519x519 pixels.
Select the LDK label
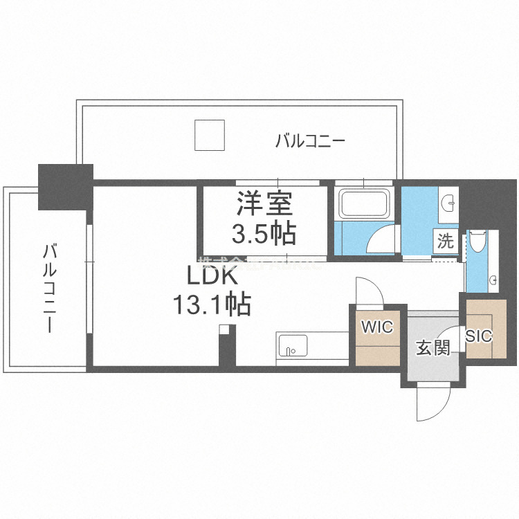tap(211, 276)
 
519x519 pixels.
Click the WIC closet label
tap(378, 327)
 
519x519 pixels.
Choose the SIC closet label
tap(478, 336)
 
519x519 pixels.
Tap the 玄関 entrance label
tap(432, 347)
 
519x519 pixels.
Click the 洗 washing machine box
tap(445, 242)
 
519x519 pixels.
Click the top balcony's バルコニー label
tap(310, 142)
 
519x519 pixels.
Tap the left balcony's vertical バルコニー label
tap(49, 288)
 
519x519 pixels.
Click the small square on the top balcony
tap(209, 135)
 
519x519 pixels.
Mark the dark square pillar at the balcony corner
tap(65, 186)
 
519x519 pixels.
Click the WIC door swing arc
tap(365, 291)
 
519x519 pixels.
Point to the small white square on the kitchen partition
tap(223, 330)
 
